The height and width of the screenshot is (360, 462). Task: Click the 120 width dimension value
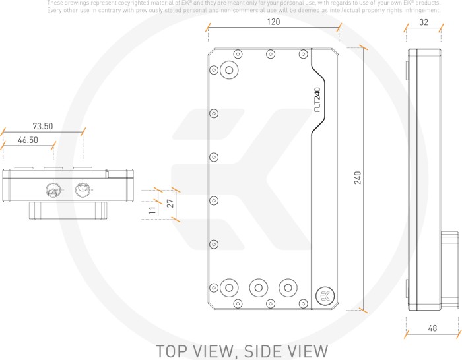pyautogui.click(x=273, y=22)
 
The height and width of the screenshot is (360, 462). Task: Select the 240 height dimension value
pyautogui.click(x=358, y=178)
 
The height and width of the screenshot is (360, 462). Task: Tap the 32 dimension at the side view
pyautogui.click(x=424, y=22)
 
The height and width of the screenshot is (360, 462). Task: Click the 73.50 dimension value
pyautogui.click(x=43, y=126)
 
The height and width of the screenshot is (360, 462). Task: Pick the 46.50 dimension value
pyautogui.click(x=28, y=140)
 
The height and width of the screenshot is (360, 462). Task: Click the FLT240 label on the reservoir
pyautogui.click(x=317, y=100)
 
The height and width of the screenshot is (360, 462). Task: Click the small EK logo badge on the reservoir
pyautogui.click(x=325, y=295)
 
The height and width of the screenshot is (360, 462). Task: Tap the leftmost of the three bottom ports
pyautogui.click(x=229, y=287)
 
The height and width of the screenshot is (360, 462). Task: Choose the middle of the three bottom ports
pyautogui.click(x=258, y=287)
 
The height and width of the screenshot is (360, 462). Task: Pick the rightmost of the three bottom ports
pyautogui.click(x=287, y=287)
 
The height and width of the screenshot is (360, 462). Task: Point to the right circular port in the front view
pyautogui.click(x=82, y=190)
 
